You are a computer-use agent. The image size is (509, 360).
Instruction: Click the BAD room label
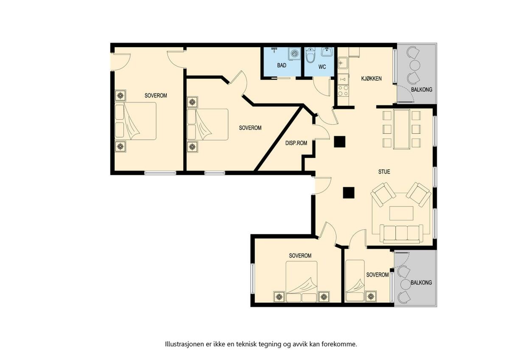282,65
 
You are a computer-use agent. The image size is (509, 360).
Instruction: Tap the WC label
322,67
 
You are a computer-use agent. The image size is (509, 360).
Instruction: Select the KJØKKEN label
371,79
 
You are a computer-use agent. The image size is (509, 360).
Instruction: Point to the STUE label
384,172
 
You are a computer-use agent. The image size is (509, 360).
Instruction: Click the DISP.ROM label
296,143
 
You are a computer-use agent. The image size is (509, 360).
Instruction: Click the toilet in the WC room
310,55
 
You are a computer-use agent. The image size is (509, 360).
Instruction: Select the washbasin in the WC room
327,52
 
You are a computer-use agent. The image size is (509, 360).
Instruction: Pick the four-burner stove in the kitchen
343,91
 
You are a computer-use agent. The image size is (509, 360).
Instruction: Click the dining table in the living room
402,129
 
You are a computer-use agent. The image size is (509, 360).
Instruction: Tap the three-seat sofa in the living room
401,233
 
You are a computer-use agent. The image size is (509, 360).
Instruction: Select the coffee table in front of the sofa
401,213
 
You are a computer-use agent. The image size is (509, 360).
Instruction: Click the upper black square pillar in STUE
339,142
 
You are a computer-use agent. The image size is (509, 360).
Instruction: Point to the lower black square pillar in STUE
349,193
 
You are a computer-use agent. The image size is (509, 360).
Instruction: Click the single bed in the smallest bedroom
355,281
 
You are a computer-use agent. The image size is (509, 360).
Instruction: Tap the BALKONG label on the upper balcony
422,90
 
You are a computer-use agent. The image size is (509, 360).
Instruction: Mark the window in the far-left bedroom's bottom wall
160,173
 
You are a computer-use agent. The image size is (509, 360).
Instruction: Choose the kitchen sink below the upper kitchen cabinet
342,63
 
